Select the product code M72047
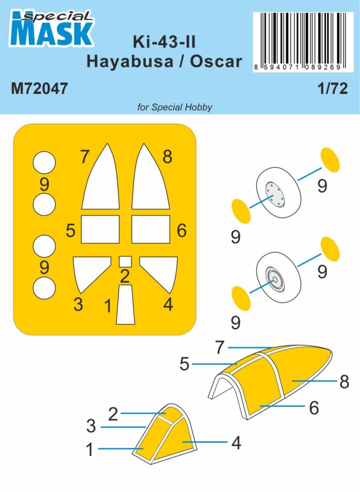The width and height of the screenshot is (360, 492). pyautogui.click(x=38, y=89)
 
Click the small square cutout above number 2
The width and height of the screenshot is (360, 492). pyautogui.click(x=125, y=261)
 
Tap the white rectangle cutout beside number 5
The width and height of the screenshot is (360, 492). pyautogui.click(x=100, y=229)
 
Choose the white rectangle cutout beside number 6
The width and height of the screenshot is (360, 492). pyautogui.click(x=151, y=229)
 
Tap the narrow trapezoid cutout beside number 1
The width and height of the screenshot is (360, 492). pyautogui.click(x=125, y=305)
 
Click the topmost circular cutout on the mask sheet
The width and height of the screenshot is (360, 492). pyautogui.click(x=44, y=162)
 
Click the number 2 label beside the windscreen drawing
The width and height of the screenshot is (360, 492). pyautogui.click(x=113, y=414)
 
